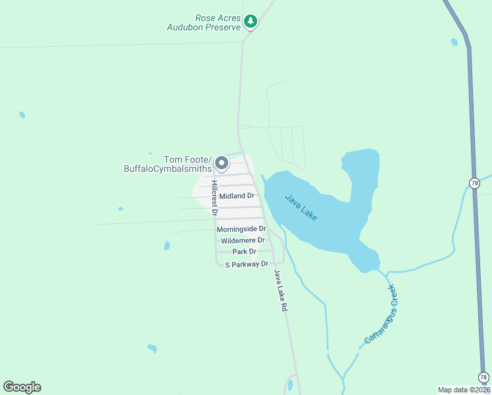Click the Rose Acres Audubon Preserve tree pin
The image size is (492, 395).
point(250,22)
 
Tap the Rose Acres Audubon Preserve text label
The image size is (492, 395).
point(205,22)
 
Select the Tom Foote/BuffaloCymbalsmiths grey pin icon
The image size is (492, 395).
point(222,163)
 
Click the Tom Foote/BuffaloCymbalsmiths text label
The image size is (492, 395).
point(167,164)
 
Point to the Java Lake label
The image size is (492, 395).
point(301,207)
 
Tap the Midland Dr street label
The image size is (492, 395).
point(237,196)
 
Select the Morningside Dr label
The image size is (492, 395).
point(241,229)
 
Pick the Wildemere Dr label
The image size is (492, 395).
point(243,240)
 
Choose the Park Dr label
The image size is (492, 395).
point(244,251)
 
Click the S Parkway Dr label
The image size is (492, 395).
point(247,264)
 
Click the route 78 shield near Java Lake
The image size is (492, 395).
point(475,182)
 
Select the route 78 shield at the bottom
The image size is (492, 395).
point(483,377)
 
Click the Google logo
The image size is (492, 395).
point(22,387)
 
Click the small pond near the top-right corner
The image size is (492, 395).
point(455,43)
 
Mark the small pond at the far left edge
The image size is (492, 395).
point(22,115)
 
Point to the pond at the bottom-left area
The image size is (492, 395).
point(153,348)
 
